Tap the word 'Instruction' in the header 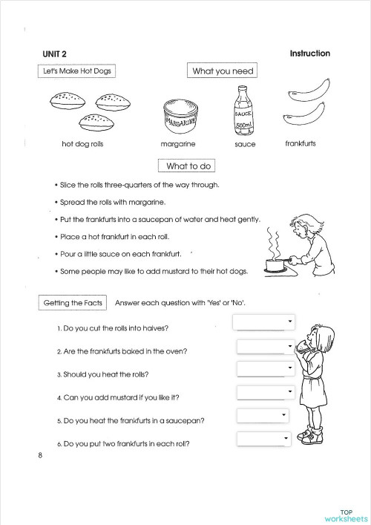point(309,53)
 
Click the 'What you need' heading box point(223,71)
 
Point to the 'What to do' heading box point(190,166)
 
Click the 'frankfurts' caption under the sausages point(300,143)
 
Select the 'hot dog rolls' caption point(82,144)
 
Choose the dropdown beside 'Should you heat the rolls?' point(266,369)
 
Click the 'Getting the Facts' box point(72,303)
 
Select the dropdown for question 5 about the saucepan point(263,416)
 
